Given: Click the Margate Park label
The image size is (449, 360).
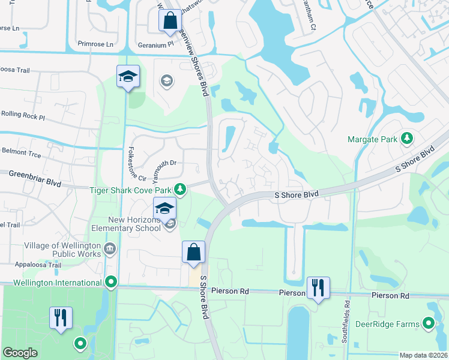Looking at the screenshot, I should coord(372,139).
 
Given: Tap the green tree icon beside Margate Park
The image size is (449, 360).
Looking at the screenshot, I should coord(407,139).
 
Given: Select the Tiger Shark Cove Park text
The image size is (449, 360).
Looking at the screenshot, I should coord(130,190).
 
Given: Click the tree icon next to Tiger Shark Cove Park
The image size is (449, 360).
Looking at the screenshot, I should coord(179,190).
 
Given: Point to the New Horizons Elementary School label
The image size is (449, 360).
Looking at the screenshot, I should coord(126,224).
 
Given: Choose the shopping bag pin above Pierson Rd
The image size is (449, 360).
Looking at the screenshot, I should coord(193,253).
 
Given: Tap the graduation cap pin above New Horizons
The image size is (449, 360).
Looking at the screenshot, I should coord(164,208).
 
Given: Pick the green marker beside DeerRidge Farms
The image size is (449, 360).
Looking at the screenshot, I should coord(429,324).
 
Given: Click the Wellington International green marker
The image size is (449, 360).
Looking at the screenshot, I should coord(110,282).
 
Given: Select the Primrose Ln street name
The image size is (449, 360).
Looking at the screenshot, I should coord(95,44).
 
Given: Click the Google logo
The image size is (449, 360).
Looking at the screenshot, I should coord(20,353).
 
